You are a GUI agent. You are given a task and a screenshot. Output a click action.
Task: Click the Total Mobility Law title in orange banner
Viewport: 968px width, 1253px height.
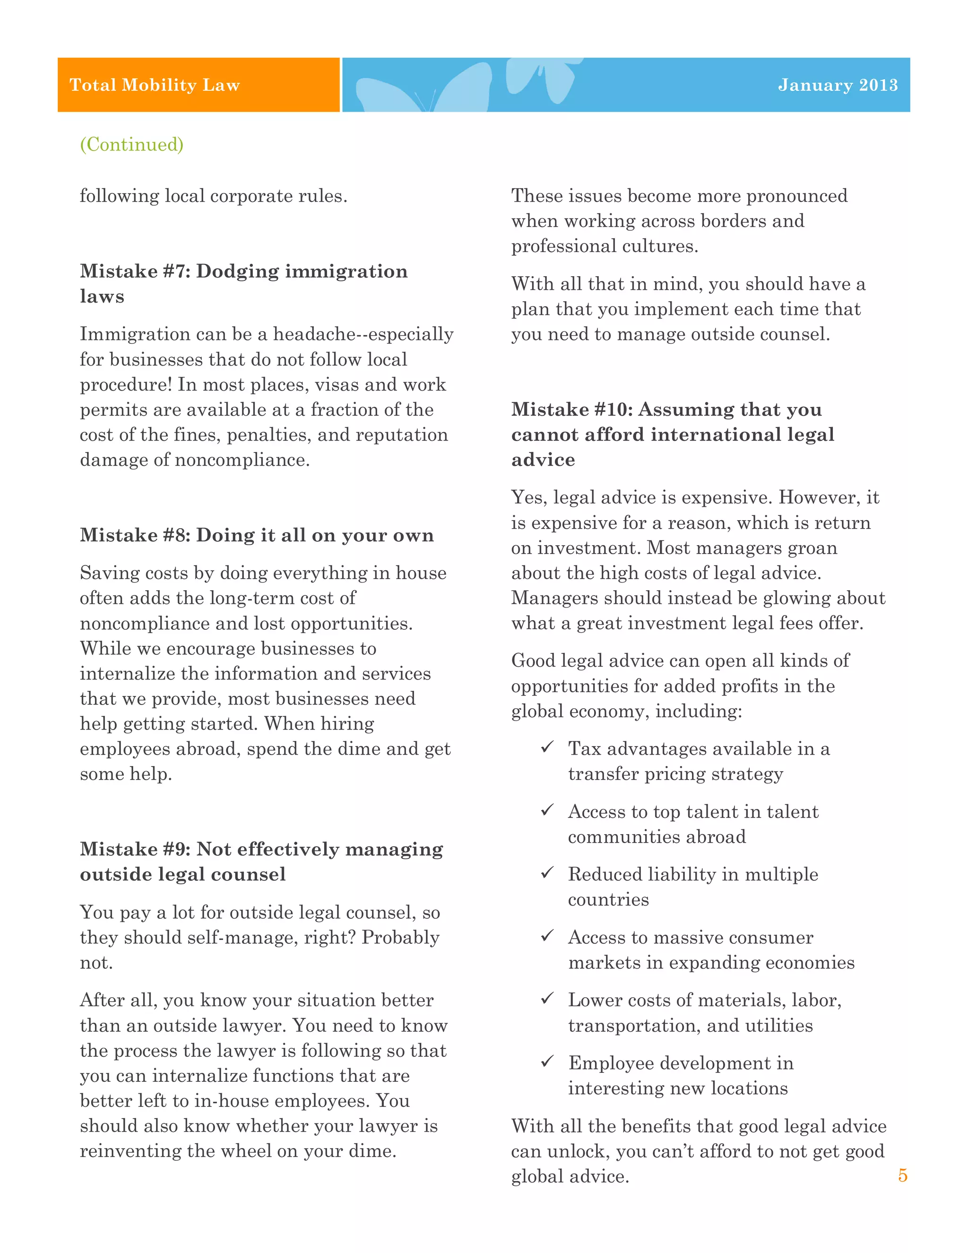155,85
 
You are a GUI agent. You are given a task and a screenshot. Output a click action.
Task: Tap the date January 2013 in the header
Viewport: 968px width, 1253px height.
837,85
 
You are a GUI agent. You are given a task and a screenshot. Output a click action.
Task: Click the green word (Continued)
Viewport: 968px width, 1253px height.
131,144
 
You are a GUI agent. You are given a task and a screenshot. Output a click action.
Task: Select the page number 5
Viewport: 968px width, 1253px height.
902,1175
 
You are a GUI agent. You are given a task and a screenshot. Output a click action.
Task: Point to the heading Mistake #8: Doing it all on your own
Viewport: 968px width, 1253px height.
256,535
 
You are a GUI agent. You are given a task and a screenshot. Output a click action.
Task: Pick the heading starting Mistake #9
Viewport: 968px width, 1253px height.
261,861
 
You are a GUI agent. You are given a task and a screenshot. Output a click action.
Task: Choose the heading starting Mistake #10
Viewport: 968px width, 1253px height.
672,434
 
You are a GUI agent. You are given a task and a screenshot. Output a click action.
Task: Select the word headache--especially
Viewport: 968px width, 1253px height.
363,334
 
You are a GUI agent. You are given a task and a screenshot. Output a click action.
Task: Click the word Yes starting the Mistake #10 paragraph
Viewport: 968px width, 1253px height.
528,497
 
